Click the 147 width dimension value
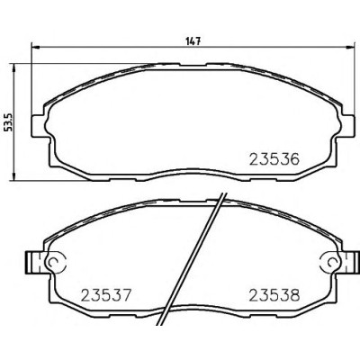[193, 41]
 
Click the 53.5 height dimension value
[9, 122]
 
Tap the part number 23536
[274, 159]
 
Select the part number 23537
[106, 295]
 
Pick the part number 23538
[274, 295]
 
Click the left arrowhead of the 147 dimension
[36, 47]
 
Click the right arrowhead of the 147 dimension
[350, 47]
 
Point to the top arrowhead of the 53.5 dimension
[13, 67]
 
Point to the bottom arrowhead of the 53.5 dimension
[13, 176]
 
